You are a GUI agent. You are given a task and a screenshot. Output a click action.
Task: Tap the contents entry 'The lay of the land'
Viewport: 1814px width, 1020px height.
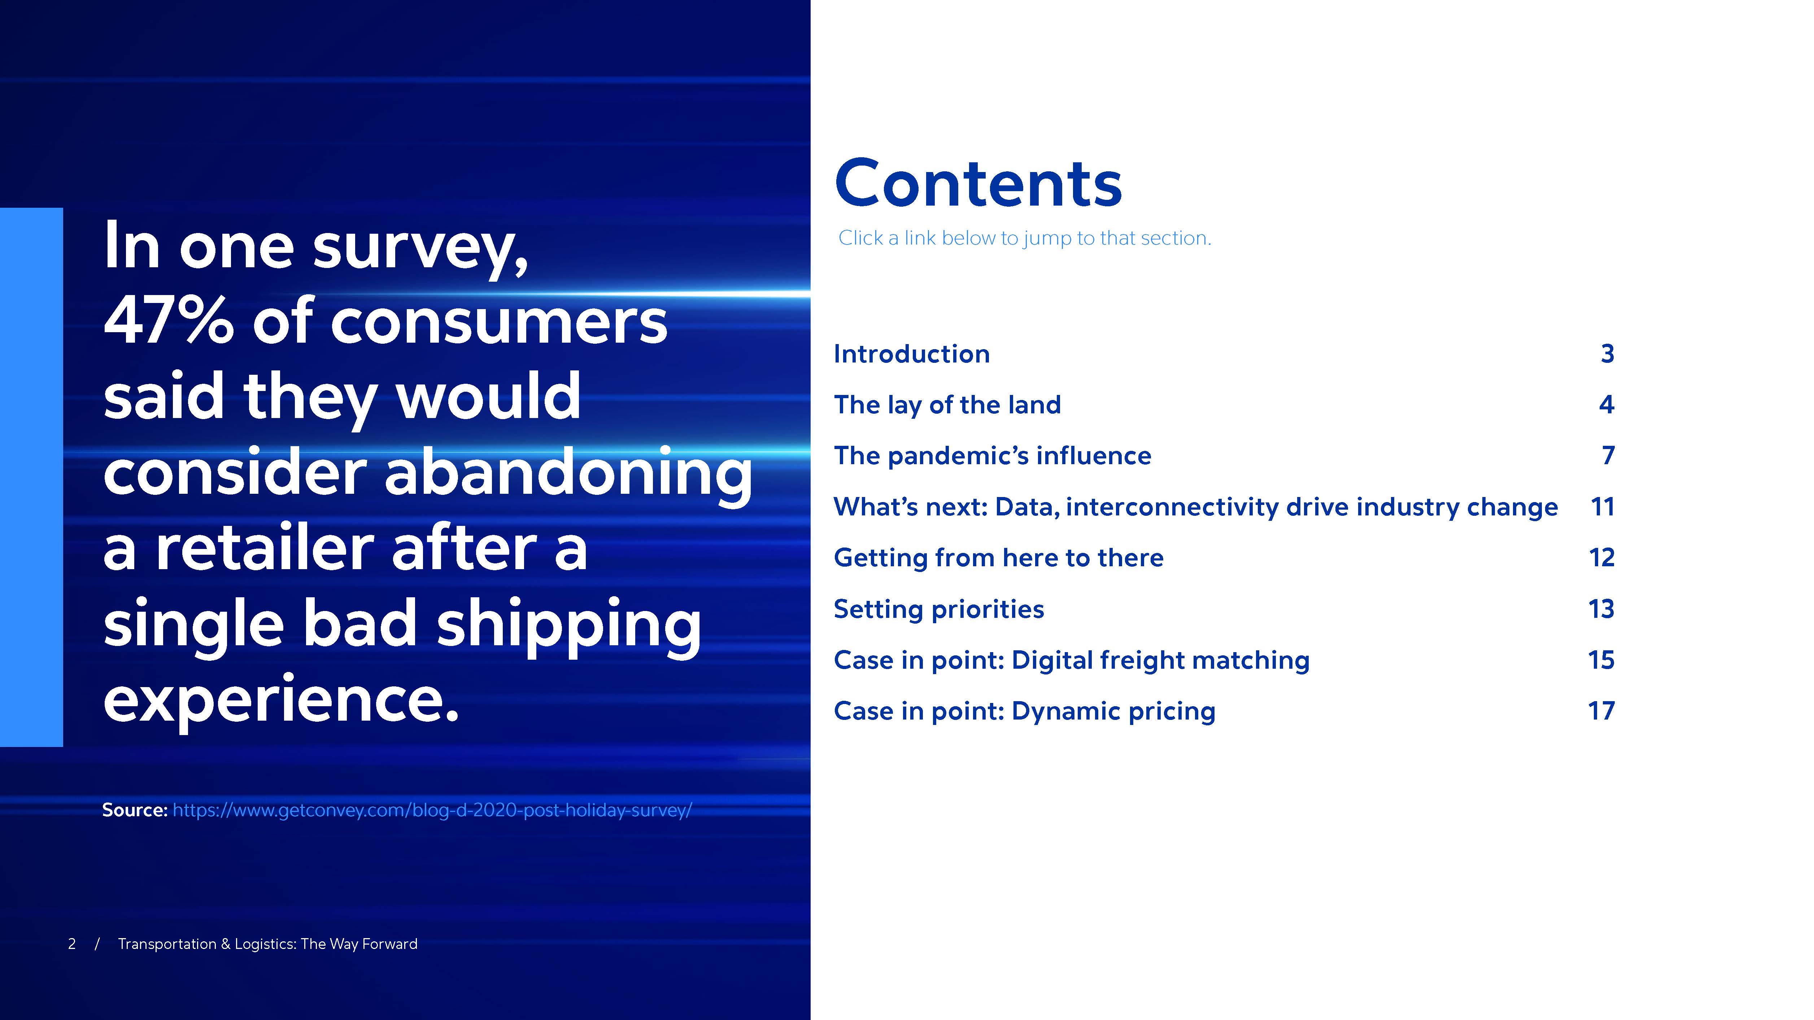tap(947, 405)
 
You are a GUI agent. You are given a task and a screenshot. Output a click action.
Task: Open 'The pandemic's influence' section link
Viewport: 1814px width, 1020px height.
tap(992, 456)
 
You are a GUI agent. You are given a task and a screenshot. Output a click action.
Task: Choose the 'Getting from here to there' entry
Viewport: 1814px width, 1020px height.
tap(999, 558)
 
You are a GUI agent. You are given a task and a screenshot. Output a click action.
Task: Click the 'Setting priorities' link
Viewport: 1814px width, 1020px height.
tap(939, 609)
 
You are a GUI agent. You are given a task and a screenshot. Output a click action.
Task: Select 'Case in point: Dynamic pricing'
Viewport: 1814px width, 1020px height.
tap(1025, 711)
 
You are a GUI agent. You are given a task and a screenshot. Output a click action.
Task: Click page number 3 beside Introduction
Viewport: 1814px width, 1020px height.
tap(1607, 353)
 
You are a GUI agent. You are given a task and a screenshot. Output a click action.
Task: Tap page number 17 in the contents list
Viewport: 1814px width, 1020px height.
tap(1601, 711)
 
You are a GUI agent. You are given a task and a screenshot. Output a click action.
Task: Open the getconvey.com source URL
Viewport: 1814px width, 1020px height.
tap(432, 810)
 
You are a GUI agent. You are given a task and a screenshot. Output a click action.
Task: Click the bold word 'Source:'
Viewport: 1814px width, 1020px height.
tap(135, 810)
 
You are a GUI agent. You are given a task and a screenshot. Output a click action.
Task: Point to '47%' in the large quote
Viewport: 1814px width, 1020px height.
tap(168, 321)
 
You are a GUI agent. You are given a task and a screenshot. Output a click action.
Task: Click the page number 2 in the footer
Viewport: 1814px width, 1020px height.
tap(72, 944)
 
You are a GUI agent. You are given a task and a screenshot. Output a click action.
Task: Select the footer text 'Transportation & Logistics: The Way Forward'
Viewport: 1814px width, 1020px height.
tap(267, 944)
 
